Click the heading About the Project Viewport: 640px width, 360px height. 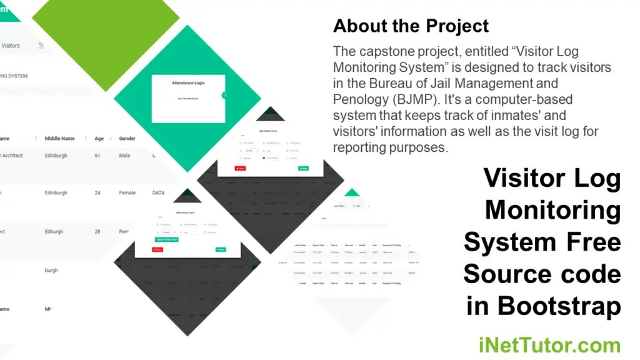[x=411, y=26]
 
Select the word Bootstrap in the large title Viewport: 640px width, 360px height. [x=559, y=306]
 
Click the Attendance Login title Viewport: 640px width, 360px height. [x=188, y=82]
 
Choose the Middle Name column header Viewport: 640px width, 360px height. [x=60, y=138]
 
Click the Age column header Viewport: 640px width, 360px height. [x=99, y=138]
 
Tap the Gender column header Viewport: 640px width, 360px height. [x=127, y=138]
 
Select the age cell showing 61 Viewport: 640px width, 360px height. [x=97, y=156]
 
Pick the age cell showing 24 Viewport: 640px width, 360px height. [x=97, y=193]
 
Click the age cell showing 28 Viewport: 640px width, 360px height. [x=97, y=232]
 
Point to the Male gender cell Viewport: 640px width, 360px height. [x=125, y=156]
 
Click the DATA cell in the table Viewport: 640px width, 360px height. [x=158, y=193]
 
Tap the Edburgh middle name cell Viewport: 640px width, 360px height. [x=54, y=232]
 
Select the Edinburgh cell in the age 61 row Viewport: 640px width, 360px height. [x=56, y=156]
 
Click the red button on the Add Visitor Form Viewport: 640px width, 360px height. [x=240, y=168]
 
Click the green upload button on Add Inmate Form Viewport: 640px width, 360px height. [x=166, y=239]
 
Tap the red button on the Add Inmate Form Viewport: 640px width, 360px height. [x=157, y=249]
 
